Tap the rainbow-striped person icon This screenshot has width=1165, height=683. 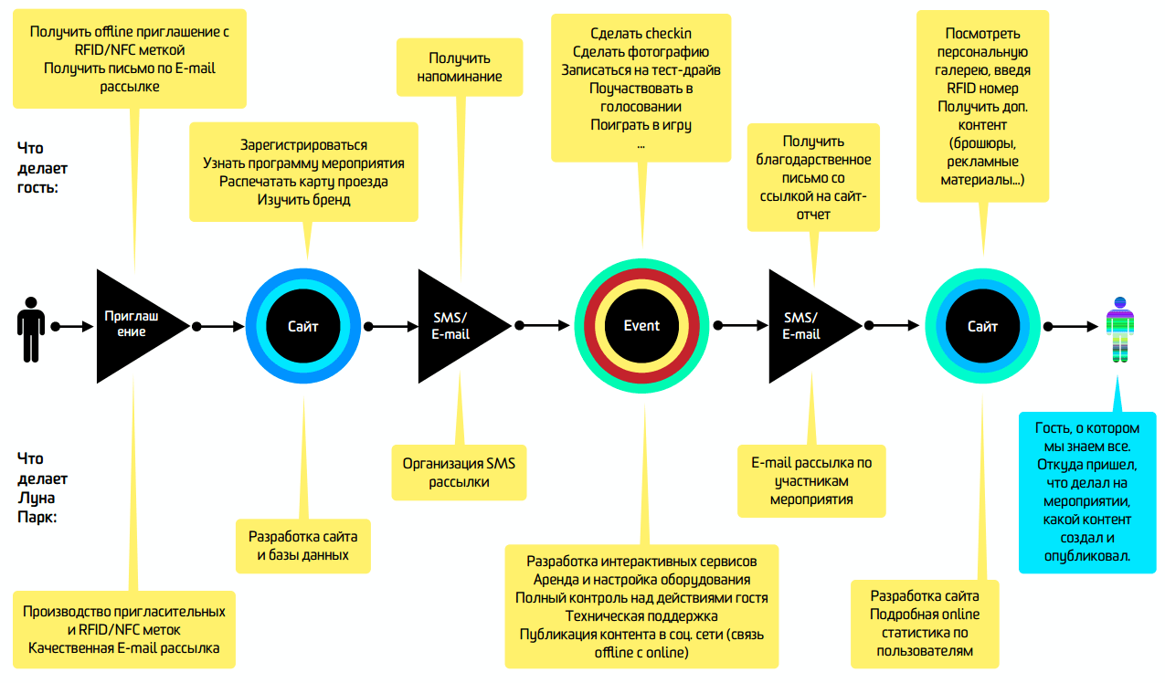pyautogui.click(x=1121, y=328)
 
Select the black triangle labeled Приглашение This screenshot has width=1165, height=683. pyautogui.click(x=133, y=325)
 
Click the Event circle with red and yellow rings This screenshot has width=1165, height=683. pyautogui.click(x=641, y=326)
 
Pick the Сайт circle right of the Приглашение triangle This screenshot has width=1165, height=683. pyautogui.click(x=303, y=326)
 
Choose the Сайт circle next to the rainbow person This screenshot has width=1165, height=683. pyautogui.click(x=982, y=326)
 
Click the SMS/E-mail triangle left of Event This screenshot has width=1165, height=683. pyautogui.click(x=454, y=326)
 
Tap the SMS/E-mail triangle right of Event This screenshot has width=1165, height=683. pyautogui.click(x=805, y=326)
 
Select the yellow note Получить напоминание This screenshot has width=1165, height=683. pyautogui.click(x=460, y=67)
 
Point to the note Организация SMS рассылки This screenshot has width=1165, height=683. pyautogui.click(x=459, y=472)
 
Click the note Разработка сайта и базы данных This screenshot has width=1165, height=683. pyautogui.click(x=302, y=545)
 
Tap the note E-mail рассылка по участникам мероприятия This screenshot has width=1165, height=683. pyautogui.click(x=811, y=480)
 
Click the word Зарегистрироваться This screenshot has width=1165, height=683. pyautogui.click(x=303, y=145)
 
